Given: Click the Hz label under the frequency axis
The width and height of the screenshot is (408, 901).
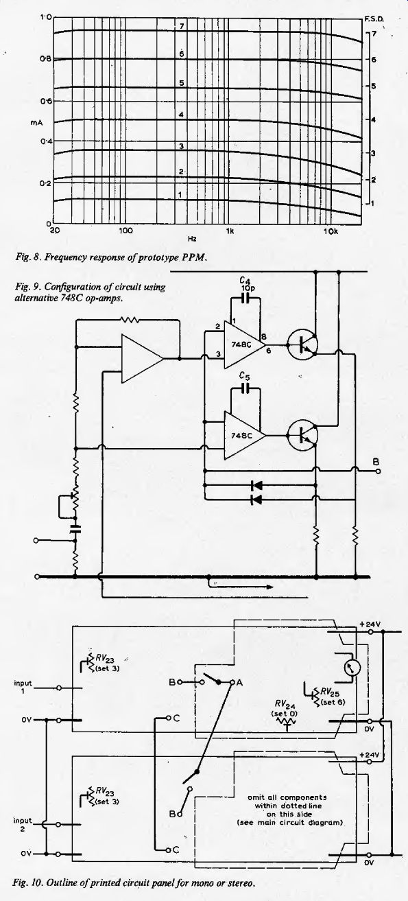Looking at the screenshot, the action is pos(192,239).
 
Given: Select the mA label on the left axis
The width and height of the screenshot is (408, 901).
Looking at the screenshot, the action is pos(36,122).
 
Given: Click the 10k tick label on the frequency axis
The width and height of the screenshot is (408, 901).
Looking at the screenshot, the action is pos(331,231).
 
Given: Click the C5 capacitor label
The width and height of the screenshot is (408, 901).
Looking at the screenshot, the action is pos(244,377).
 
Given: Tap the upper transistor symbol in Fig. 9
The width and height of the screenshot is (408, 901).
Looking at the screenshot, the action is pos(302,345).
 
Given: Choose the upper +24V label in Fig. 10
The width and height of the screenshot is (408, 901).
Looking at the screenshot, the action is pos(370,624).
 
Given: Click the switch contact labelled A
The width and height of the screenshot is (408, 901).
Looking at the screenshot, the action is pos(239,683).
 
